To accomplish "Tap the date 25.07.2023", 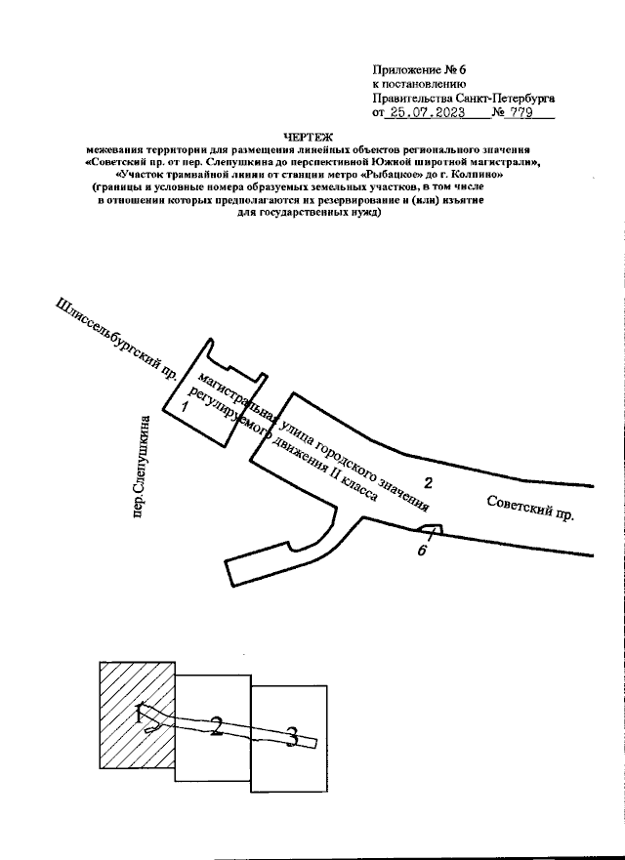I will (x=424, y=113).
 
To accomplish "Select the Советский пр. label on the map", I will (x=529, y=507).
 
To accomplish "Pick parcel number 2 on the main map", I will (x=427, y=482).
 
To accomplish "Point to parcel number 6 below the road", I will (x=422, y=551).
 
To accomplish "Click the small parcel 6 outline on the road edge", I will (x=431, y=530).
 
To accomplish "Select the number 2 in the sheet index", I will (x=217, y=725).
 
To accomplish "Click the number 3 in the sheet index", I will (x=290, y=737).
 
